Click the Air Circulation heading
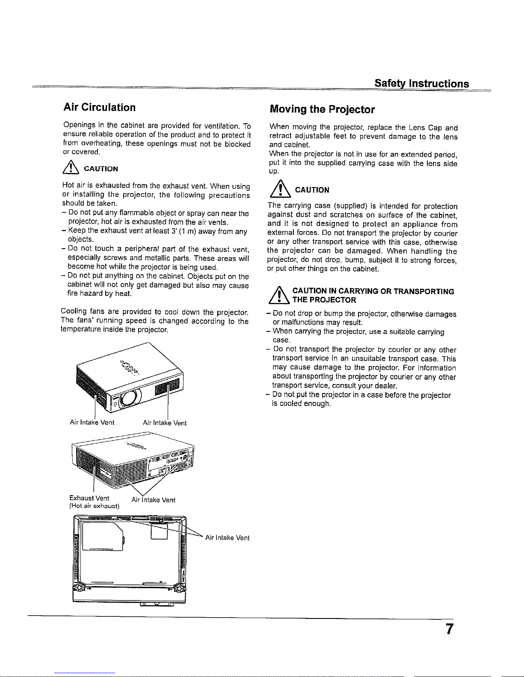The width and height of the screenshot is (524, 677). click(x=99, y=107)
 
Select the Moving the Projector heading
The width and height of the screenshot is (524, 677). click(x=322, y=109)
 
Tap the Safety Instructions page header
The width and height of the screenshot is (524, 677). click(x=421, y=83)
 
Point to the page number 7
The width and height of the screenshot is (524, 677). click(x=448, y=630)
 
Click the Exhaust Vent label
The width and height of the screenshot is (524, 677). click(x=89, y=498)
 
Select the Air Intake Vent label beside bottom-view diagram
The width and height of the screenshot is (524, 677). click(x=227, y=538)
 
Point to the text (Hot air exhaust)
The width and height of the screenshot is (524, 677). click(x=94, y=506)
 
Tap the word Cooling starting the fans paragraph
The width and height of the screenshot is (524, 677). click(x=74, y=311)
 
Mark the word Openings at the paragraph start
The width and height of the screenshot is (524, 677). click(x=78, y=126)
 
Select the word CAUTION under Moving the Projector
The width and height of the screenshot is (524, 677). click(x=312, y=190)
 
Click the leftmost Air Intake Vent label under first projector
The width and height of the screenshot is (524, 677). click(x=92, y=422)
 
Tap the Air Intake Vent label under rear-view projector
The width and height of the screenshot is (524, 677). click(x=153, y=500)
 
